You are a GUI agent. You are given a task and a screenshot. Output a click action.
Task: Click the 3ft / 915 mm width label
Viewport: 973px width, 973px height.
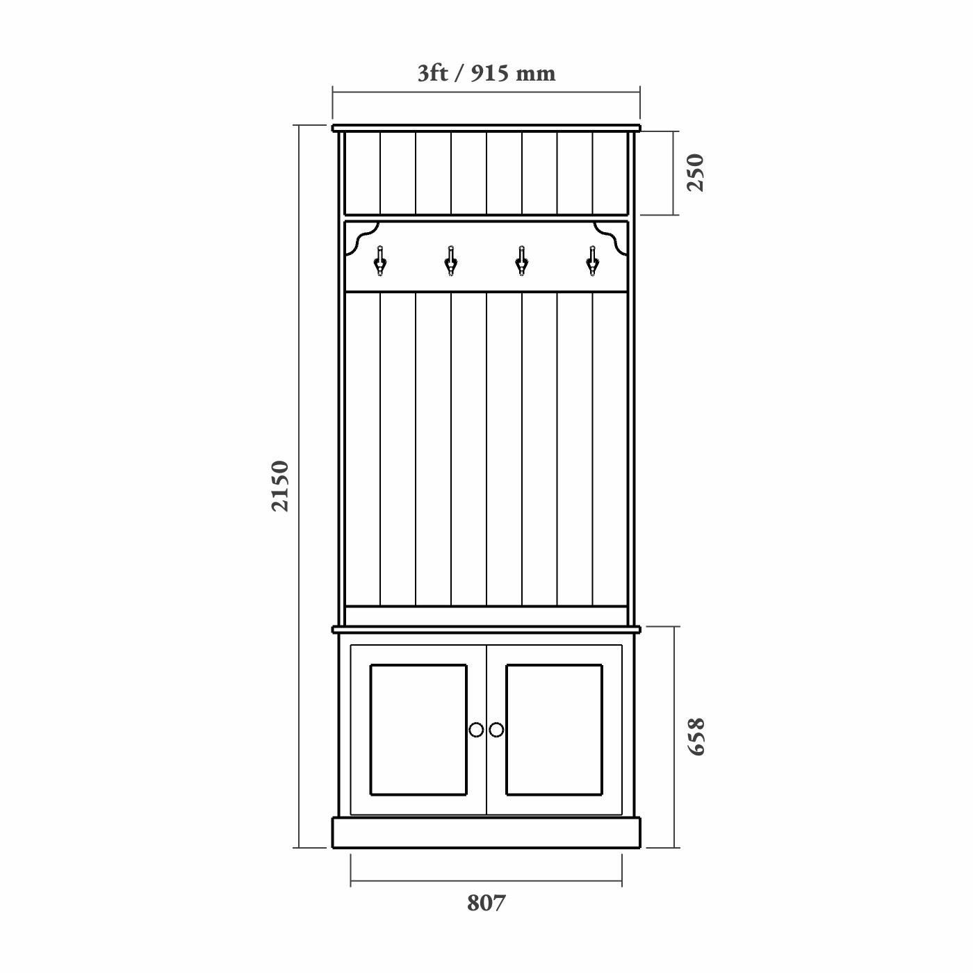[486, 73]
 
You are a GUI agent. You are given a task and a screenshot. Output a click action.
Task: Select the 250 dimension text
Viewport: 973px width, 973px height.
[695, 172]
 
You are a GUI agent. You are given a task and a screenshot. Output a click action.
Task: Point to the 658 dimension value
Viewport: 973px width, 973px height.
[695, 737]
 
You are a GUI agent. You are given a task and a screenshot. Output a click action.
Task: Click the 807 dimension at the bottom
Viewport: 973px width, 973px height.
[486, 903]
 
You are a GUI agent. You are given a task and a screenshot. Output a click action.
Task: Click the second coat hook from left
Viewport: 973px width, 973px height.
[450, 260]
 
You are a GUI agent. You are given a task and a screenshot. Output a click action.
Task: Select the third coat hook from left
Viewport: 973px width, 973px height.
[521, 260]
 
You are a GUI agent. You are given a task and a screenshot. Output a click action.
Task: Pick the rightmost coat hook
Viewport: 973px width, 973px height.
[591, 260]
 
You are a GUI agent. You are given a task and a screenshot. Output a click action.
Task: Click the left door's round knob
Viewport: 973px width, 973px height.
[476, 730]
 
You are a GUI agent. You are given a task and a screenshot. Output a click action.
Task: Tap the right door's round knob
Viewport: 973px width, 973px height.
[496, 730]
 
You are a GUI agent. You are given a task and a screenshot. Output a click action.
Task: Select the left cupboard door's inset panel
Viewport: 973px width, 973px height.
[418, 730]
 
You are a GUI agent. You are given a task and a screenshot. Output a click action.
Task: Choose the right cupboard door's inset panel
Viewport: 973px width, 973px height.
[554, 730]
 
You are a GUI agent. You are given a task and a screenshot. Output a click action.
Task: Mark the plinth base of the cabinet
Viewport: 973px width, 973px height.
[486, 833]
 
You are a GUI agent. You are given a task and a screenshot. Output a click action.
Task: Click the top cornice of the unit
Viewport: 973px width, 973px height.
[486, 128]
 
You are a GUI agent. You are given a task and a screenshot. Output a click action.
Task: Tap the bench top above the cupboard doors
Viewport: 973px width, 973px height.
[486, 630]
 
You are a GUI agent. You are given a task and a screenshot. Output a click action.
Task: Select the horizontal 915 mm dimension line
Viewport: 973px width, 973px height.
[486, 90]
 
